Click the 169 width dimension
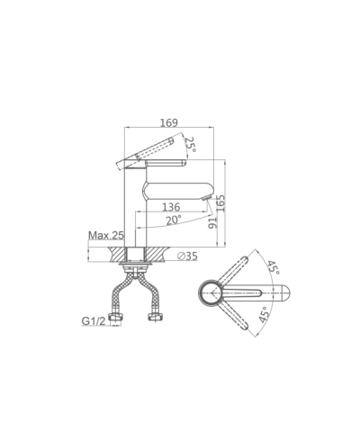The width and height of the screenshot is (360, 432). tap(168, 122)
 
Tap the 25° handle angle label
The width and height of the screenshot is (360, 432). tap(191, 144)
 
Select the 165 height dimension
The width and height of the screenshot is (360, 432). tap(220, 203)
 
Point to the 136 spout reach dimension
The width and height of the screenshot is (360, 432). tap(171, 207)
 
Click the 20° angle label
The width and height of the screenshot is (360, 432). tap(174, 220)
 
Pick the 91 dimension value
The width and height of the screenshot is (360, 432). tap(212, 223)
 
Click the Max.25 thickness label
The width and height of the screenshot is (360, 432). tap(106, 236)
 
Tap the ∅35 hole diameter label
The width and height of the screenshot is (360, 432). tap(187, 256)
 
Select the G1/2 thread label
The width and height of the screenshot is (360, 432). tap(94, 321)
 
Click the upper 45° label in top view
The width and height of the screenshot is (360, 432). tap(274, 267)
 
